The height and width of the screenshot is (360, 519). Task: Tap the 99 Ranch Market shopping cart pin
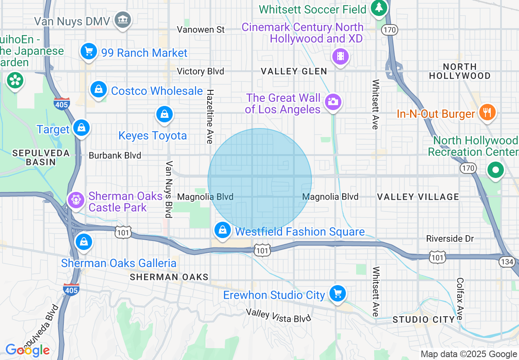[x=89, y=52]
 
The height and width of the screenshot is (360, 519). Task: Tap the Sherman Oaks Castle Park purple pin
[x=76, y=200]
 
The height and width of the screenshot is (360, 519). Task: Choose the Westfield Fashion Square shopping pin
[x=222, y=230]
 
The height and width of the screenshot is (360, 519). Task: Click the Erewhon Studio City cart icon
[x=337, y=293]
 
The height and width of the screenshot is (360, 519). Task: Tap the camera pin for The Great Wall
[x=333, y=101]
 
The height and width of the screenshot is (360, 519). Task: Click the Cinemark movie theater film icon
[x=341, y=56]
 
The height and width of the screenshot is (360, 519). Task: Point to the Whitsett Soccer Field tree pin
[x=379, y=8]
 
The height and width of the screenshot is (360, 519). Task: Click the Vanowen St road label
[x=201, y=29]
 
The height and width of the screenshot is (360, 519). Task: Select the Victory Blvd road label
[x=201, y=72]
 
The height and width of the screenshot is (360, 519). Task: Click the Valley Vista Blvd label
[x=279, y=315]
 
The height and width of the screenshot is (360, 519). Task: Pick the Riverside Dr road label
[x=450, y=239]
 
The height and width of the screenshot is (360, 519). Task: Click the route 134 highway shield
[x=507, y=262]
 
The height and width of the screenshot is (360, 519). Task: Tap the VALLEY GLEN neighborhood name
[x=294, y=71]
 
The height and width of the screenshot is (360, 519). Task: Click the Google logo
[x=27, y=351]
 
